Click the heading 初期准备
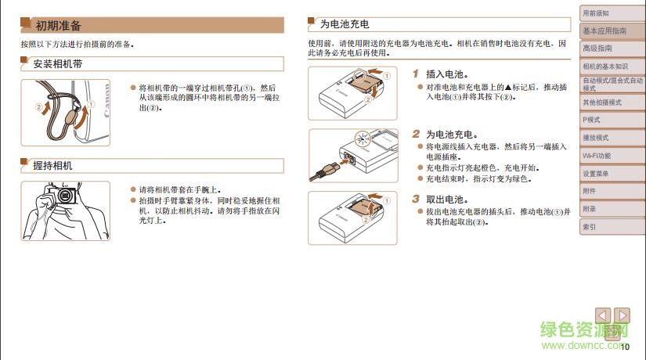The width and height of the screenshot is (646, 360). [x=59, y=26]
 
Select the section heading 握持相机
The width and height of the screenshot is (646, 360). [x=52, y=165]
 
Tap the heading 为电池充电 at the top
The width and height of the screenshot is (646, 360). [x=345, y=25]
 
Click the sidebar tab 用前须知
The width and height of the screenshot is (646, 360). [x=596, y=13]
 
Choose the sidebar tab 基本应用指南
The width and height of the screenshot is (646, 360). [x=604, y=31]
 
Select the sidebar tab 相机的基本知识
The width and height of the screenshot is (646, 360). [x=605, y=67]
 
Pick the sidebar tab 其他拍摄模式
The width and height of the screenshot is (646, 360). [x=601, y=103]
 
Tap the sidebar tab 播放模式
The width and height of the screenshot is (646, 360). [x=596, y=138]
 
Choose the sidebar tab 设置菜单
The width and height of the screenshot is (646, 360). [x=596, y=174]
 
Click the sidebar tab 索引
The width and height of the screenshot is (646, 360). [x=589, y=227]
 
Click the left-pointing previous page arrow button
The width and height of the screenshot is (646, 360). [x=603, y=315]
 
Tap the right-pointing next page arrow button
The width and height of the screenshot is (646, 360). [x=623, y=315]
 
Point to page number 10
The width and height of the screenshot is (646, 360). [x=624, y=345]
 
